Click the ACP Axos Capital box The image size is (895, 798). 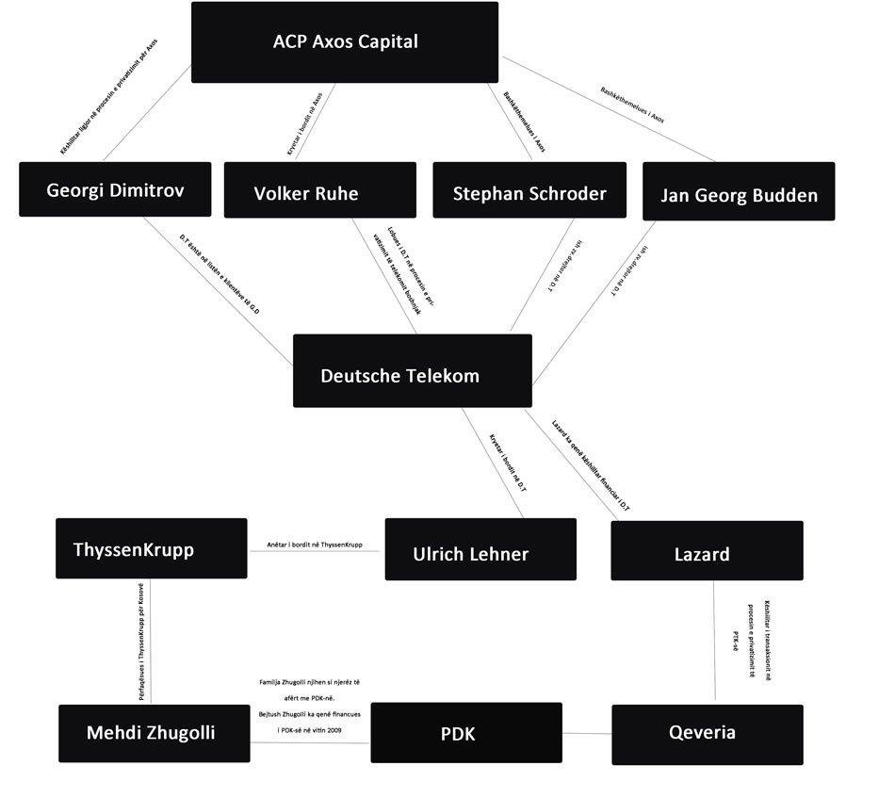click(x=345, y=42)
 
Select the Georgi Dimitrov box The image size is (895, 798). click(x=115, y=189)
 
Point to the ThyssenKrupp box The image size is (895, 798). click(x=151, y=548)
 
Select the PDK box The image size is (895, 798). click(x=465, y=732)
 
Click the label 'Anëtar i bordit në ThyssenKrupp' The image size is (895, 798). click(x=316, y=545)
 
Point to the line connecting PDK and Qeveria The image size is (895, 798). click(x=587, y=733)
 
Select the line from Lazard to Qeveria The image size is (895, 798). click(x=713, y=641)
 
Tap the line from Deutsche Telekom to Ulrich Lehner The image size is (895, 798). click(x=493, y=462)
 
